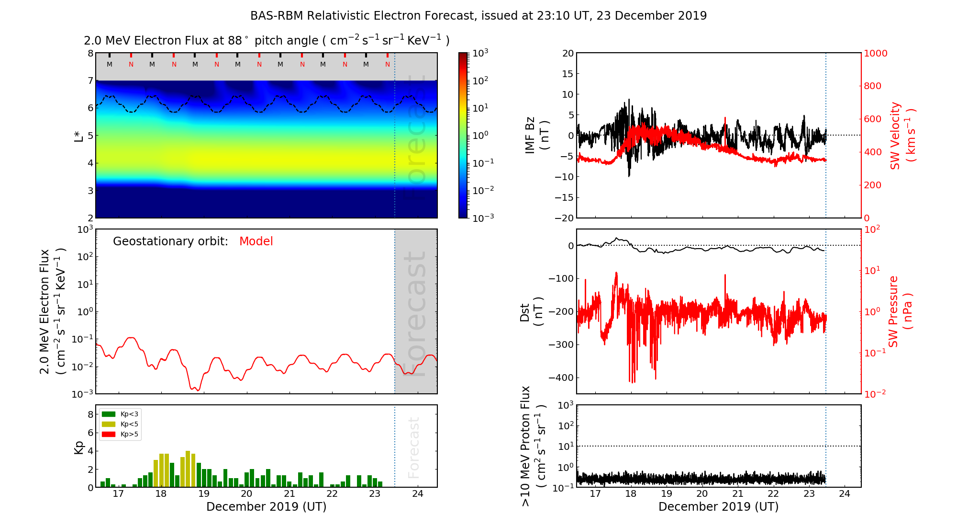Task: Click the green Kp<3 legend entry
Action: pos(120,414)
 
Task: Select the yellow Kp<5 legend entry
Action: pos(120,424)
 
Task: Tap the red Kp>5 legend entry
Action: pos(120,435)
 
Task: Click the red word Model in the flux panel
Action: pos(256,241)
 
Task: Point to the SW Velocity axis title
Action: pos(902,135)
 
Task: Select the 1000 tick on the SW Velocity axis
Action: pos(875,53)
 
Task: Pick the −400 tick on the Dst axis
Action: pos(561,378)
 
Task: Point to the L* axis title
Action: pos(78,136)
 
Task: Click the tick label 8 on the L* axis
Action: pos(90,53)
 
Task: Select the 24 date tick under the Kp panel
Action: pos(418,494)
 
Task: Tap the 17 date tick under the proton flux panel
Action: pos(595,494)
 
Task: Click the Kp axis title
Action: pos(79,447)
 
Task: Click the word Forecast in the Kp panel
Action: pos(413,447)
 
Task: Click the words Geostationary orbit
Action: pos(170,241)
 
